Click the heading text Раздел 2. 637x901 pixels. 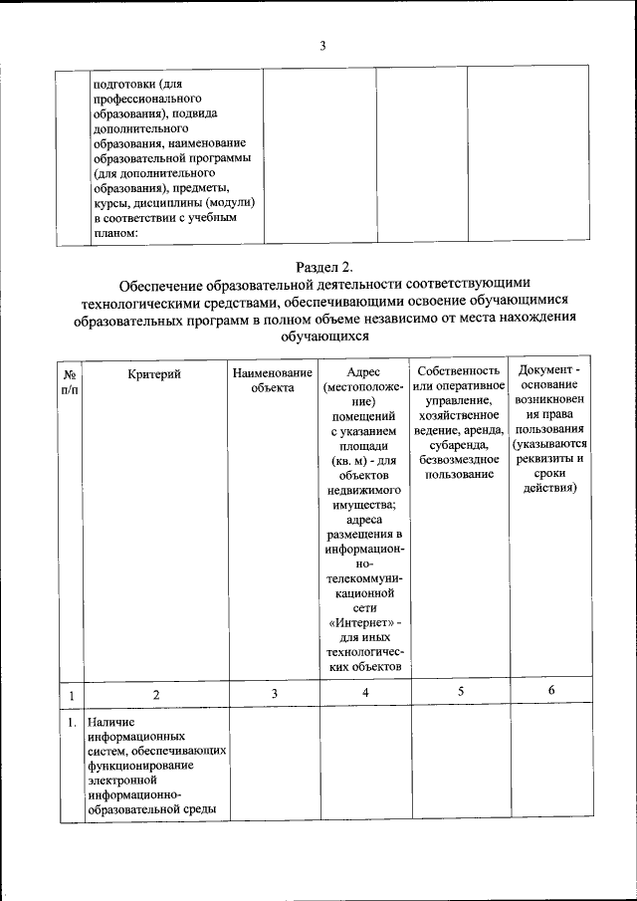(x=324, y=266)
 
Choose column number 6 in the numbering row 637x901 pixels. (x=550, y=691)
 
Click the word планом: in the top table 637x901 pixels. (x=114, y=234)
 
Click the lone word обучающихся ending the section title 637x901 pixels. (x=324, y=337)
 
